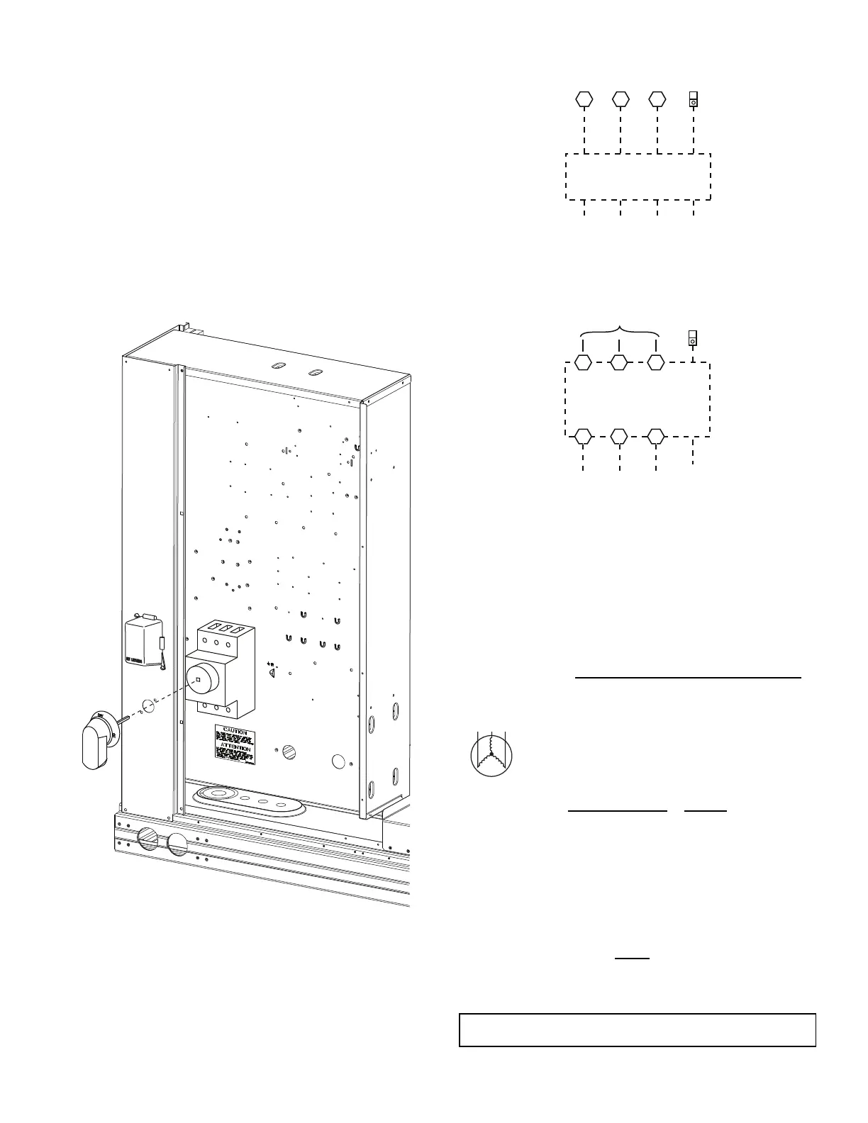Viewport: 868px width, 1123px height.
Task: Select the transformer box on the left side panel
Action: [x=144, y=642]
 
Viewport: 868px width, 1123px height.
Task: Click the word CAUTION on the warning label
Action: [x=235, y=730]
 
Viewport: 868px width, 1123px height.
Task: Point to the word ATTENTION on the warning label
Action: [x=235, y=748]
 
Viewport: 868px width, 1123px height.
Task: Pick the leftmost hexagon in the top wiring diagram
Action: [x=583, y=99]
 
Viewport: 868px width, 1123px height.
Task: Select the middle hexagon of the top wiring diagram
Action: [x=621, y=99]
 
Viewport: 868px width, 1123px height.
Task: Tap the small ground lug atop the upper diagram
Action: [x=694, y=99]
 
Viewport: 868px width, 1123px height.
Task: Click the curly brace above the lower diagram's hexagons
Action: [x=621, y=330]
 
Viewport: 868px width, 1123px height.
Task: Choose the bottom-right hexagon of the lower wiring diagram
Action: [x=657, y=435]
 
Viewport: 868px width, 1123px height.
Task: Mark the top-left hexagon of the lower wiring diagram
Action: [x=583, y=362]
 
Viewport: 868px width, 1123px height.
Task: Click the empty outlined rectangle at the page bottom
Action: [x=638, y=1029]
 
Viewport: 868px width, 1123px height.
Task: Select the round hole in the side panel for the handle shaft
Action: [x=148, y=706]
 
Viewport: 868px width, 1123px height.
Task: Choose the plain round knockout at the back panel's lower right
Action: [x=340, y=762]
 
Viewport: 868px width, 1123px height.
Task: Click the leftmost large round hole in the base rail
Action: [x=148, y=839]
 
